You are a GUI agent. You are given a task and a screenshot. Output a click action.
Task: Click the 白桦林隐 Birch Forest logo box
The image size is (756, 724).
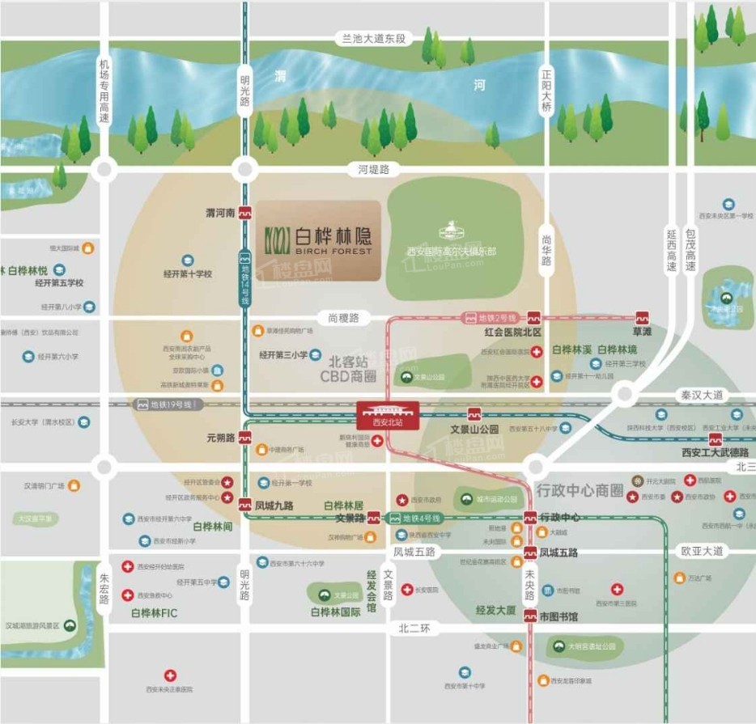(319, 240)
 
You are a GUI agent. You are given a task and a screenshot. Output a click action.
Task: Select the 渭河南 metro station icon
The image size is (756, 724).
(245, 214)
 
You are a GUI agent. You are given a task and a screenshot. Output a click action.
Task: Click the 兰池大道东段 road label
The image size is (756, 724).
(374, 38)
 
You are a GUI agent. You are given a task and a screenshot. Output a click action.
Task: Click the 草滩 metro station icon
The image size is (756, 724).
(643, 317)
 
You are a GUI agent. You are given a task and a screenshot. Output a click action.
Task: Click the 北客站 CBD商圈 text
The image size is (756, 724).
(353, 368)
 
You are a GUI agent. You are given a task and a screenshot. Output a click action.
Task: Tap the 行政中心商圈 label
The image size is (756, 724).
(580, 490)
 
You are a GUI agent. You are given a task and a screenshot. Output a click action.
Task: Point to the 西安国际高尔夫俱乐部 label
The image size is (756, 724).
(452, 252)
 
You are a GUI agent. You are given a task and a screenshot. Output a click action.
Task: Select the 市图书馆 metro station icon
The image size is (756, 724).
(530, 616)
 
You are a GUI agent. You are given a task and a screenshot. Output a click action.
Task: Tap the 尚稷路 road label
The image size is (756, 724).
(343, 318)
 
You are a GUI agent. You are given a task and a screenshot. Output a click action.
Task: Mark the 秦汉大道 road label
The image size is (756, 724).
(701, 395)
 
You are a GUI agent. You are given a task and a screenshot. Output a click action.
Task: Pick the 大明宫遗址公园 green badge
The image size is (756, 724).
(559, 646)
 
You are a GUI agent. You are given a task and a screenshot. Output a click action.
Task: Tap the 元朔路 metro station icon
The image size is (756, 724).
(246, 438)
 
